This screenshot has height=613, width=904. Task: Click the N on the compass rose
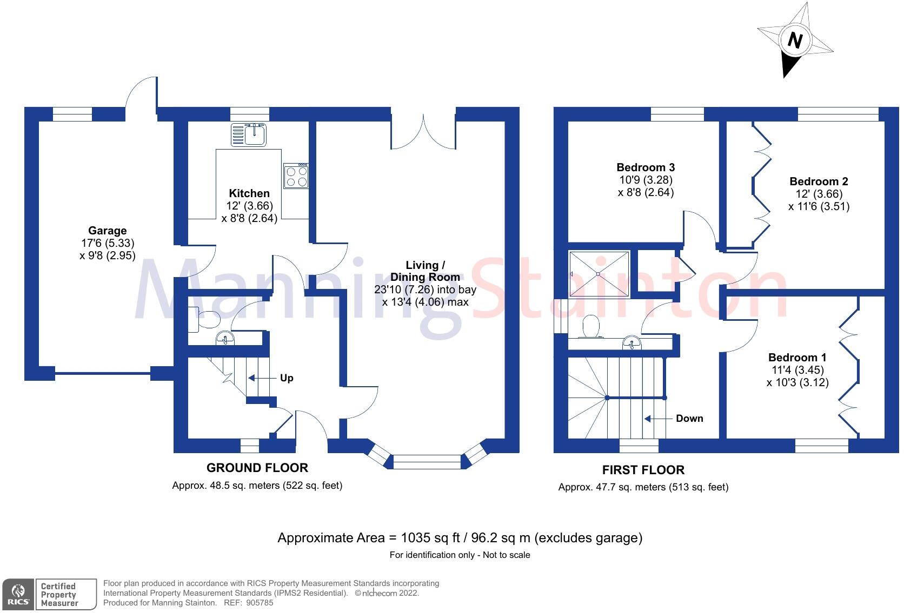[794, 41]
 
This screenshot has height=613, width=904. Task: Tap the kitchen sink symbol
[249, 134]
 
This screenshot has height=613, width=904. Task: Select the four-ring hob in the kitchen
[296, 176]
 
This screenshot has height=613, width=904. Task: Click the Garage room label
[108, 231]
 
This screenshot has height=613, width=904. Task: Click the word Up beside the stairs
[287, 378]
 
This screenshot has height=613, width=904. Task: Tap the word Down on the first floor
[689, 419]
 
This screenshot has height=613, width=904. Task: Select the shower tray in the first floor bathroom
[599, 274]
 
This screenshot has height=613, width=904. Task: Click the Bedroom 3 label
[646, 167]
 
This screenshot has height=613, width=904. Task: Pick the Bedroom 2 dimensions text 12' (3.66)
[819, 194]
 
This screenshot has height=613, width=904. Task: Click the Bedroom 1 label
[797, 358]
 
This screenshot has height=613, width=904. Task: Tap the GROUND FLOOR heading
[257, 468]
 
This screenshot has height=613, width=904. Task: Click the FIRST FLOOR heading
[643, 470]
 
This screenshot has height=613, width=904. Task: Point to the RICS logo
[18, 595]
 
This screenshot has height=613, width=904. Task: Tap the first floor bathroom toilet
[591, 326]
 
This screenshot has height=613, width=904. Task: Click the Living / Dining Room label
[426, 271]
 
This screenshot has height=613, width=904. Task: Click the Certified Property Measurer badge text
[59, 595]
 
